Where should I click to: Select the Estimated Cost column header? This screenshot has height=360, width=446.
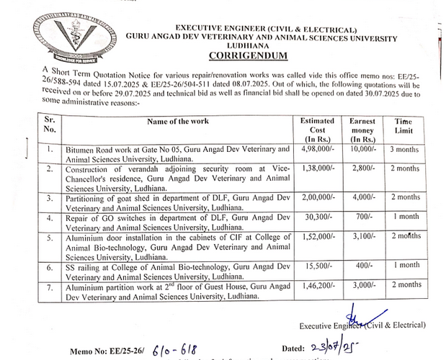pos(317,130)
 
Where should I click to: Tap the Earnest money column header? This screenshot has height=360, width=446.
pos(362,130)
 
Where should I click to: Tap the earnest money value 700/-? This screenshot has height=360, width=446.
pos(364,215)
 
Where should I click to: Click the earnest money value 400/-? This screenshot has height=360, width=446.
pos(364,265)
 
